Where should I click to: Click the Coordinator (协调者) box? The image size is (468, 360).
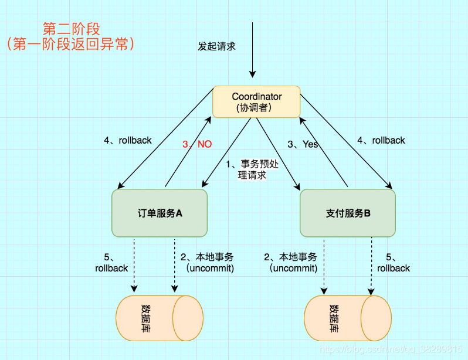point(256,102)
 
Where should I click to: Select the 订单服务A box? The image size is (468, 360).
point(160,213)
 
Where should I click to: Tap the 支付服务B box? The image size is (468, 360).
point(348,213)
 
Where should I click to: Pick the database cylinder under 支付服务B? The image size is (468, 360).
point(347,317)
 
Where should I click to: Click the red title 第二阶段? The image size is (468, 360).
point(72,28)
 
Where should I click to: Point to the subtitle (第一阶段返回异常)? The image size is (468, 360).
point(71,44)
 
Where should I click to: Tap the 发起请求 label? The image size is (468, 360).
point(216,46)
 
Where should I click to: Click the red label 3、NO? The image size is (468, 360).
point(197,144)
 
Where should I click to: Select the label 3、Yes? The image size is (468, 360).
point(303,144)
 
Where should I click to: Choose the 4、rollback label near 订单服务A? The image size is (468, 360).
point(127,141)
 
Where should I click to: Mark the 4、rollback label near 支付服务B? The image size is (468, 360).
point(381,141)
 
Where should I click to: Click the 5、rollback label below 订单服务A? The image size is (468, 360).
point(111,263)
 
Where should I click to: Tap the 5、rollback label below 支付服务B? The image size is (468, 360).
point(394,263)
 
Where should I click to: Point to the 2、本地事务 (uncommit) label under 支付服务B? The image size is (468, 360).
point(291,263)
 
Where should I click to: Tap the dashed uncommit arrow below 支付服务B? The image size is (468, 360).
point(323,264)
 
